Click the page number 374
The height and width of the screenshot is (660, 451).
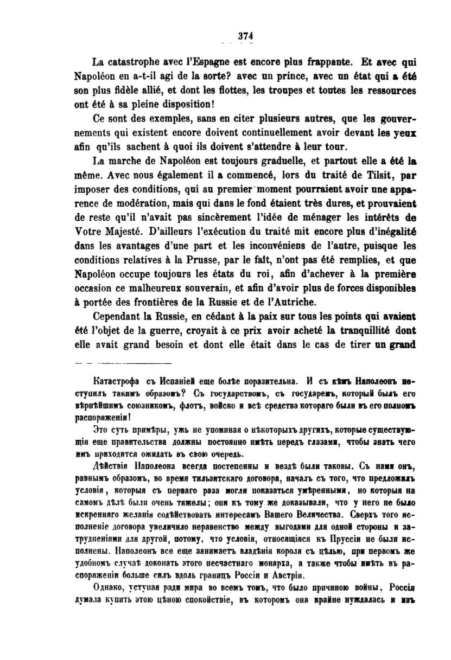tap(246, 36)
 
